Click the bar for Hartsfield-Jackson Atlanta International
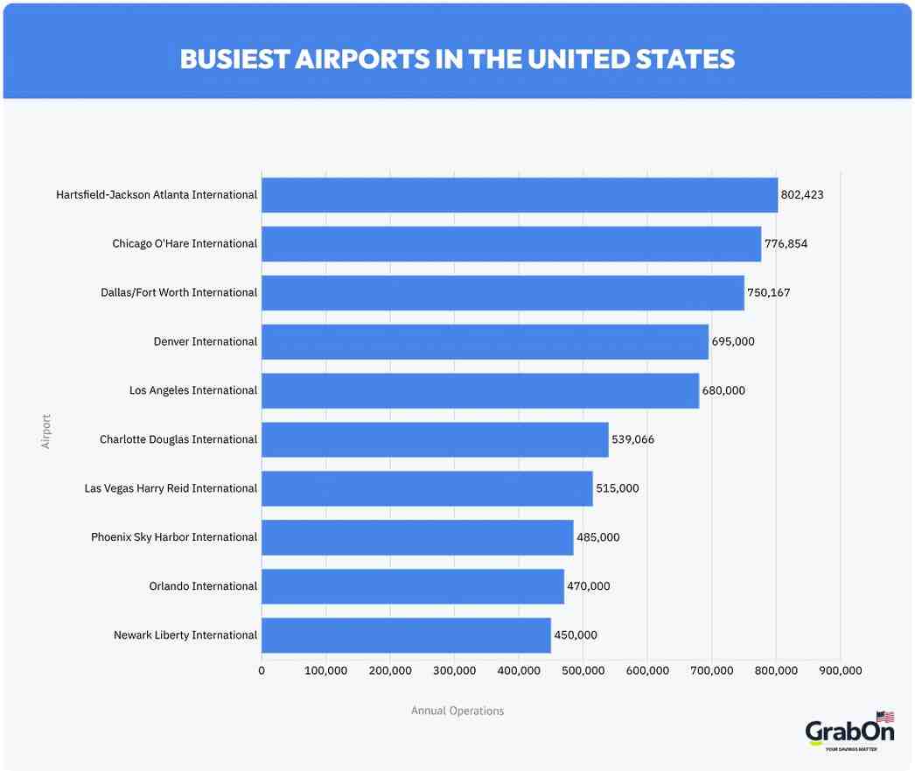click(520, 195)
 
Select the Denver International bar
click(485, 342)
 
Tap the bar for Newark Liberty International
click(406, 635)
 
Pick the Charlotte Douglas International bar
click(435, 439)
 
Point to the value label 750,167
click(768, 293)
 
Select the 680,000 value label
click(723, 391)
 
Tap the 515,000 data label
click(617, 488)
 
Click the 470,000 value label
click(588, 586)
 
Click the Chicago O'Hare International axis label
click(185, 244)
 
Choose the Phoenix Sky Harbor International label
click(174, 537)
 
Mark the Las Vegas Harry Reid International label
click(171, 488)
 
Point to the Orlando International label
click(203, 586)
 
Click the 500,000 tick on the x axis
click(583, 670)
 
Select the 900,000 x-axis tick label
click(840, 670)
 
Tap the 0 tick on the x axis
click(262, 670)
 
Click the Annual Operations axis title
click(457, 711)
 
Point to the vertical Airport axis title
click(46, 431)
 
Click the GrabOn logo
click(849, 732)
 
